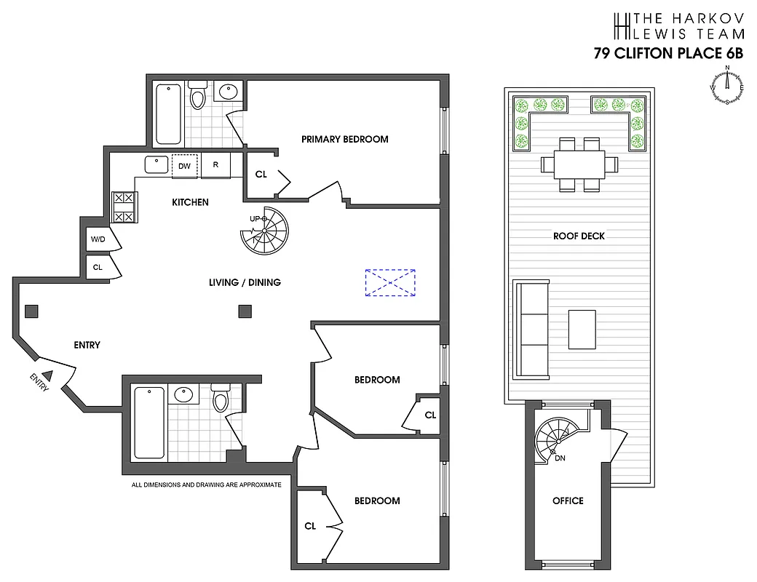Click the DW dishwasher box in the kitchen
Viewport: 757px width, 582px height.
tap(184, 166)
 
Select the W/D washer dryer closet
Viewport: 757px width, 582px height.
tap(97, 239)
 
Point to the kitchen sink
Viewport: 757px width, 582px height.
tap(156, 165)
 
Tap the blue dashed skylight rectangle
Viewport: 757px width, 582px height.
tap(390, 282)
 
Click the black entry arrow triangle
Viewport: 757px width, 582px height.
tap(48, 375)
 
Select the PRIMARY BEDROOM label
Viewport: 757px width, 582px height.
tap(344, 139)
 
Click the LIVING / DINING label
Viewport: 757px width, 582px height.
tap(244, 282)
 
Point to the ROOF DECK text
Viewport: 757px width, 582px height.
tap(579, 236)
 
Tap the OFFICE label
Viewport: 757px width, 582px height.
tap(568, 501)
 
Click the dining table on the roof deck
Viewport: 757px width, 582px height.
tap(579, 164)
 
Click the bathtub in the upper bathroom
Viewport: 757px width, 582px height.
tap(168, 114)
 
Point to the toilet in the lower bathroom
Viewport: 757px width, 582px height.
tap(221, 400)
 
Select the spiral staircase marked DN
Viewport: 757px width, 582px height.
tap(557, 438)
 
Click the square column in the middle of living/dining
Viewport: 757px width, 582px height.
tap(245, 312)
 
